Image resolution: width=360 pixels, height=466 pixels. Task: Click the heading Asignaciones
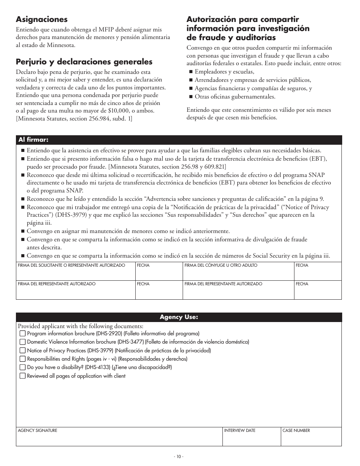(x=42, y=19)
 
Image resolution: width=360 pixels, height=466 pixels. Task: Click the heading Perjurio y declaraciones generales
(x=84, y=62)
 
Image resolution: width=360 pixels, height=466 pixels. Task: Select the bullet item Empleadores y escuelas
(x=224, y=72)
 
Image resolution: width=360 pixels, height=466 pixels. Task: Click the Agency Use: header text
(x=178, y=317)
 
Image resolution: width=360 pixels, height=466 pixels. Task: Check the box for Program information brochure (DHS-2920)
(x=23, y=334)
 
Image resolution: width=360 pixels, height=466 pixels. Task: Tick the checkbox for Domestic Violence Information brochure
(x=23, y=342)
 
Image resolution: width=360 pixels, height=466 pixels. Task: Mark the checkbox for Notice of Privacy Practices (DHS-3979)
(x=23, y=351)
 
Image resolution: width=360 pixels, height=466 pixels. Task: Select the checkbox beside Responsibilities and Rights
(x=23, y=359)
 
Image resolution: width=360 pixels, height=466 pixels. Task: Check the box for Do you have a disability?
(x=23, y=367)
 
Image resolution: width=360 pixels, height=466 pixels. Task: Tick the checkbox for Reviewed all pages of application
(x=23, y=376)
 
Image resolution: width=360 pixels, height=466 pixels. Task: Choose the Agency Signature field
(x=119, y=439)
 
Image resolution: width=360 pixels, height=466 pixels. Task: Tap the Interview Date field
(x=251, y=439)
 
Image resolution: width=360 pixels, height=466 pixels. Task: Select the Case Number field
(x=310, y=439)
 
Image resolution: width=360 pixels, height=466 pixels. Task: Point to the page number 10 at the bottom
(x=178, y=457)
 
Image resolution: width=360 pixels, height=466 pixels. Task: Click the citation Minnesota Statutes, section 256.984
(x=74, y=119)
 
